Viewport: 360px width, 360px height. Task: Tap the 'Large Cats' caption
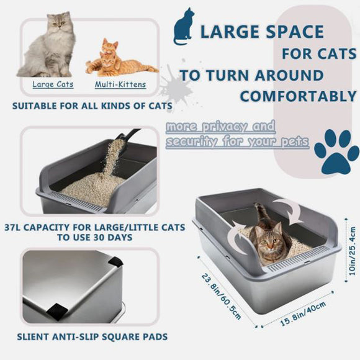(x=53, y=84)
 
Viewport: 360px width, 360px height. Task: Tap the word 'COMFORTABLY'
(x=298, y=96)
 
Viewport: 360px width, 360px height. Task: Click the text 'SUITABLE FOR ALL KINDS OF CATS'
(x=92, y=106)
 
